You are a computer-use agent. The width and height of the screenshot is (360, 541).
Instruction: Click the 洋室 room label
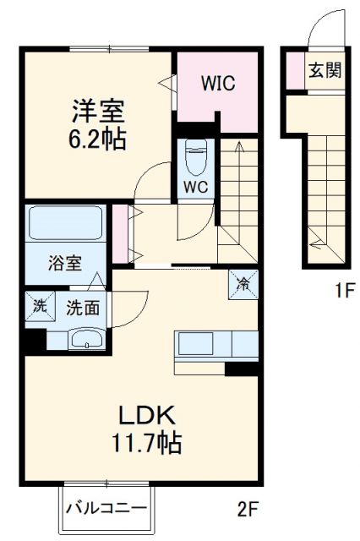pos(98,110)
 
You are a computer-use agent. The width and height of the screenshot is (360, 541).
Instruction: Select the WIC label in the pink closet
pos(217,84)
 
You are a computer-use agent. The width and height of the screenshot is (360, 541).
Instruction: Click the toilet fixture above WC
pos(195,156)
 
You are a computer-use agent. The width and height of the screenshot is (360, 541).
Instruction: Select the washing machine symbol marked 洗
pos(39,307)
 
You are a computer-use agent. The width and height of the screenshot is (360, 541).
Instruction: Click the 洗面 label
pos(83,308)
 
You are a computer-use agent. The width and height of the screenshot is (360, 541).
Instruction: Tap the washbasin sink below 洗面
pos(86,340)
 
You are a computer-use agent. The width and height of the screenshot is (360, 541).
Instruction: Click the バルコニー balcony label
pos(106,509)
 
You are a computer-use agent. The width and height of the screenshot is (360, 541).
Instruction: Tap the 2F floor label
pos(247,510)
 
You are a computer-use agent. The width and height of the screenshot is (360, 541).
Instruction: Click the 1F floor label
pos(342,292)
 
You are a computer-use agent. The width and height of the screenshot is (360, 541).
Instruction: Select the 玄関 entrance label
pos(325,70)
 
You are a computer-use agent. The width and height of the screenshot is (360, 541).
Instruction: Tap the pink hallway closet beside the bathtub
pos(120,232)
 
